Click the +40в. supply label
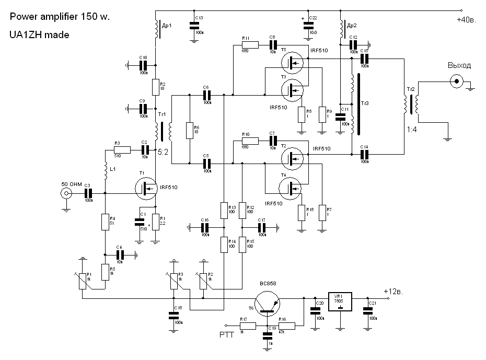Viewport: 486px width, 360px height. [466, 20]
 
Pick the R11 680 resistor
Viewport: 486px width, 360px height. [249, 46]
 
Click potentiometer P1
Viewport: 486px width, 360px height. [83, 280]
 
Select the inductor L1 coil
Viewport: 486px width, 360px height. [105, 169]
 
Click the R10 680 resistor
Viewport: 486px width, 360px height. [249, 142]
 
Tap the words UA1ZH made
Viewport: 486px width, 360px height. [39, 34]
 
